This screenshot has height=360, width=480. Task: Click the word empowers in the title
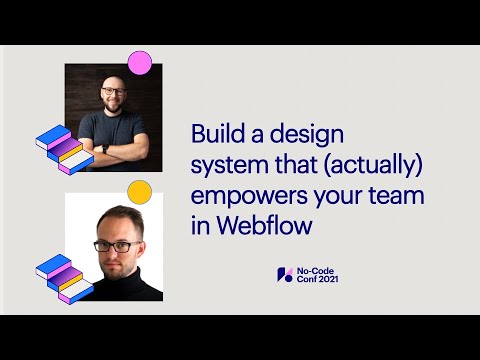coord(238,196)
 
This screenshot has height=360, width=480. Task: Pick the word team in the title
coord(399,196)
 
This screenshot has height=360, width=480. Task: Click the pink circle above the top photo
coord(140,62)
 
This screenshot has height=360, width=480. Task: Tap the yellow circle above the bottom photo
coord(140,191)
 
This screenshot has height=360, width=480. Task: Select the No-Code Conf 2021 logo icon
coord(284,274)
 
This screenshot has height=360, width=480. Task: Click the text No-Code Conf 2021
coord(318,274)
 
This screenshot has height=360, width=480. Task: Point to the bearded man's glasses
coord(113,92)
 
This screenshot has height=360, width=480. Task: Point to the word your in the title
coord(340,196)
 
